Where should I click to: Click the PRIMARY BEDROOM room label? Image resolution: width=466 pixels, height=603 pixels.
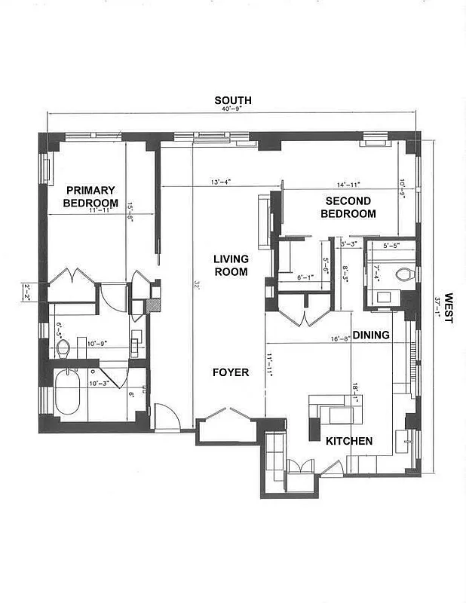(x=90, y=196)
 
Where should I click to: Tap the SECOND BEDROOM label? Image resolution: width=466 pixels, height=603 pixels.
(x=348, y=207)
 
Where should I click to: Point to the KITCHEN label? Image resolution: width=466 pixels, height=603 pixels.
(x=349, y=441)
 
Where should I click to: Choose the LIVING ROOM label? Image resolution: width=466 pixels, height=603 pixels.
(x=231, y=265)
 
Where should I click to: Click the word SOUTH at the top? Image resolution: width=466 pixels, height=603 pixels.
(x=233, y=100)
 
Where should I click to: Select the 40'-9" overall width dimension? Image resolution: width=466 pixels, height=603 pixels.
(x=233, y=109)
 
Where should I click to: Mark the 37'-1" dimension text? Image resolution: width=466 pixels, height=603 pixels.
(x=438, y=308)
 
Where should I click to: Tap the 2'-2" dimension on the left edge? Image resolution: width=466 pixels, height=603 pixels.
(x=26, y=289)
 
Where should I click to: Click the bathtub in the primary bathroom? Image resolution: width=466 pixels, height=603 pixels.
(x=67, y=392)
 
